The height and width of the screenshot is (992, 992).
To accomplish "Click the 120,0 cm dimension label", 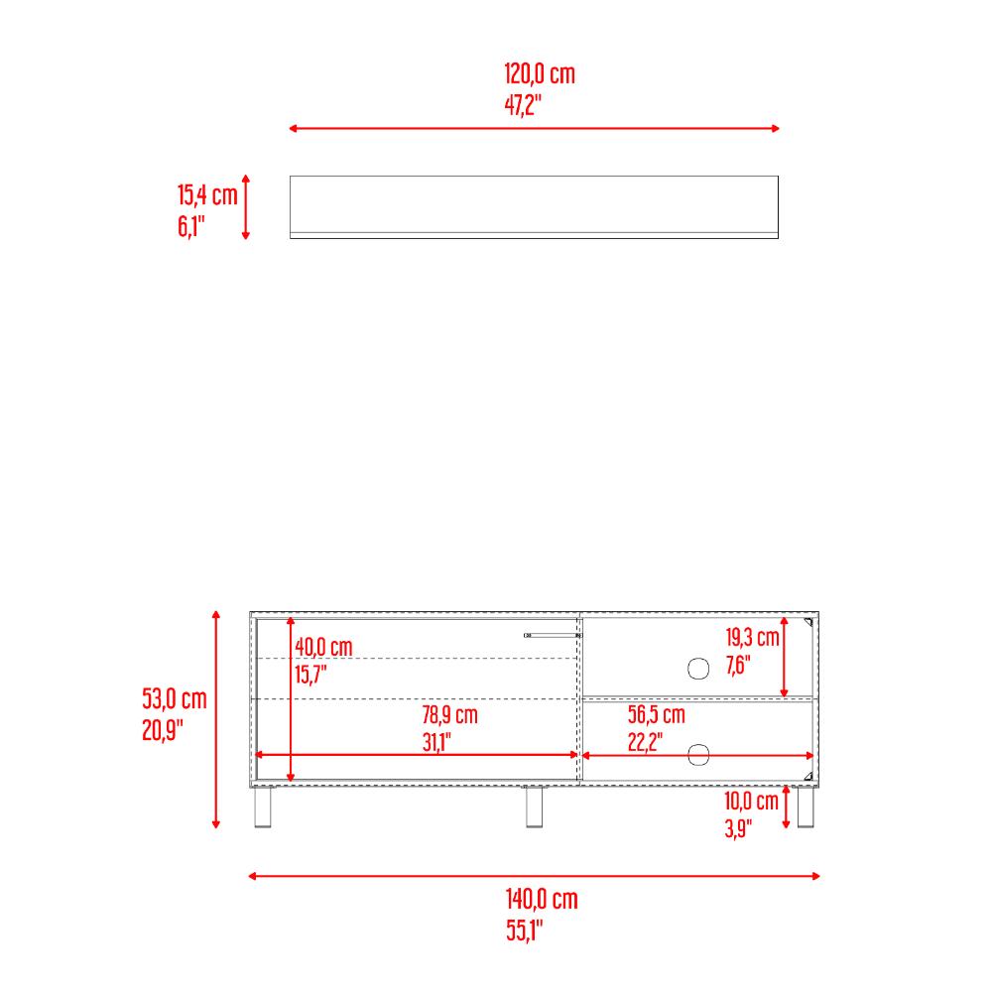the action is click(540, 74).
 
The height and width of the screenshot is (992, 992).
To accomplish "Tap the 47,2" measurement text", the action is click(523, 104).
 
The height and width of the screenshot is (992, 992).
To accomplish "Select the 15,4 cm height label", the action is click(207, 194).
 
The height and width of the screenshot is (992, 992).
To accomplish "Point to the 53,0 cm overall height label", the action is click(174, 699).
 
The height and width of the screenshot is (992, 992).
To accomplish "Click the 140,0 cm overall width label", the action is click(542, 899).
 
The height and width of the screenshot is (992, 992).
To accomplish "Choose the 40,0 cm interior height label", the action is click(323, 647).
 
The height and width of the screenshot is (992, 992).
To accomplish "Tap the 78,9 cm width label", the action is click(449, 715).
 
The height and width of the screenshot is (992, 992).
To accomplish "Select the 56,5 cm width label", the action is click(656, 714).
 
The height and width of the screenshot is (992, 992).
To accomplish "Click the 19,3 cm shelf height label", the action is click(752, 637).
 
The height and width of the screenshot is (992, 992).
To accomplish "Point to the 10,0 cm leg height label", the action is click(751, 801).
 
